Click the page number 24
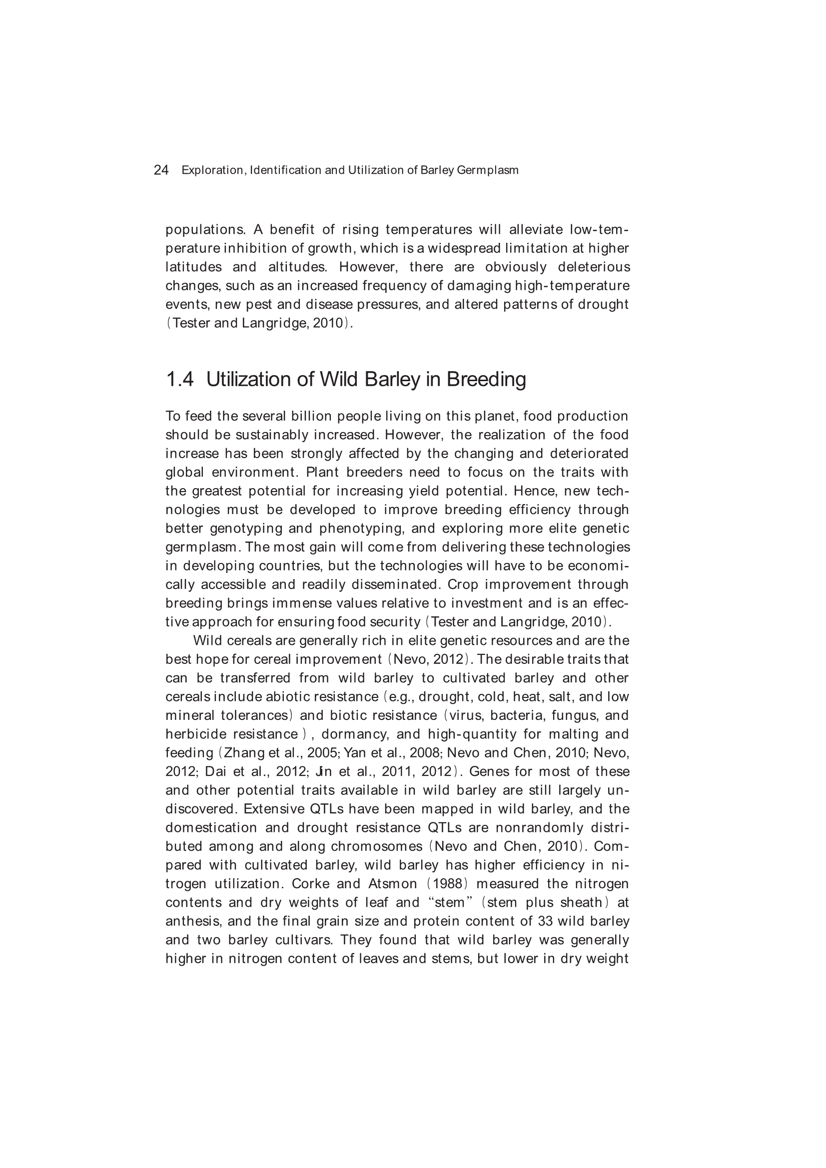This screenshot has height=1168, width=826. pyautogui.click(x=161, y=170)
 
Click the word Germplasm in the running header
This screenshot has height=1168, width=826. pyautogui.click(x=488, y=170)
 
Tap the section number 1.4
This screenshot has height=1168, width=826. pyautogui.click(x=180, y=380)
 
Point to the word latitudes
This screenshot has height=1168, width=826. pyautogui.click(x=193, y=267)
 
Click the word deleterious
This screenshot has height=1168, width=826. pyautogui.click(x=594, y=267)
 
